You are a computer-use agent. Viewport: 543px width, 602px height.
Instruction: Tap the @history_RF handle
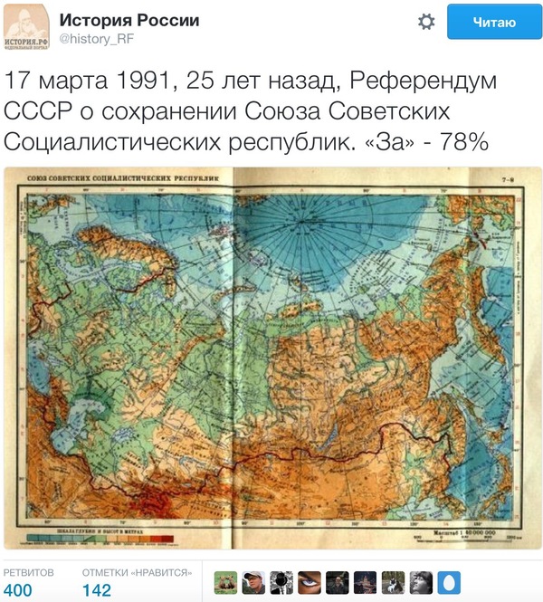(98, 39)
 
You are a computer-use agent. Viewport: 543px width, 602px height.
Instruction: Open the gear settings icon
(426, 22)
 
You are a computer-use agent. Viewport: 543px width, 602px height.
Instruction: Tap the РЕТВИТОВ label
(29, 572)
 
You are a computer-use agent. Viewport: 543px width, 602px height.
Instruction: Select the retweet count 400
(18, 590)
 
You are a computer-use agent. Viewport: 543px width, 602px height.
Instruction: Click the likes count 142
(97, 590)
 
